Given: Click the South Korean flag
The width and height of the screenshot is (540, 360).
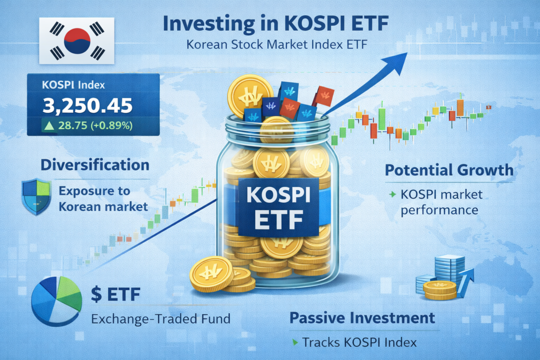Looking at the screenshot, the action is pyautogui.click(x=76, y=41).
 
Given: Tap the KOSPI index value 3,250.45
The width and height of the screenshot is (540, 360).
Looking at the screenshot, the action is pyautogui.click(x=88, y=105).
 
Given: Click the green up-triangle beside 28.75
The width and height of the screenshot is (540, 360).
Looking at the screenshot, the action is pyautogui.click(x=49, y=125).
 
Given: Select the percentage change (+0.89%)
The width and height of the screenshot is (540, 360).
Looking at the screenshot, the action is pyautogui.click(x=112, y=125).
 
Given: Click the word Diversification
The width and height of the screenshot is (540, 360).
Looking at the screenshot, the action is pyautogui.click(x=95, y=165).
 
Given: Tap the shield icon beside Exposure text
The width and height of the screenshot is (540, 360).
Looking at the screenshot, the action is pyautogui.click(x=36, y=197).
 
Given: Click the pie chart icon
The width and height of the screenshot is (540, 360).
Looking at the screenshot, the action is pyautogui.click(x=56, y=301).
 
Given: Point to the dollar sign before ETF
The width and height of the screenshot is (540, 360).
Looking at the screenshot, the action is pyautogui.click(x=97, y=294).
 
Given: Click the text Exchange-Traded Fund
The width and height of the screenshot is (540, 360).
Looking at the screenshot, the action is pyautogui.click(x=161, y=319).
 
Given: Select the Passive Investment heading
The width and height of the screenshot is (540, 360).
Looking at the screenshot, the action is pyautogui.click(x=362, y=318).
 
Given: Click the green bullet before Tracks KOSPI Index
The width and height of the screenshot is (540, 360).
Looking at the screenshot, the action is pyautogui.click(x=295, y=342).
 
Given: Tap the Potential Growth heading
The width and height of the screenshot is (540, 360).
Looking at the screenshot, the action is pyautogui.click(x=449, y=170).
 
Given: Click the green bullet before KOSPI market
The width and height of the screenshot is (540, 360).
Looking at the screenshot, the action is pyautogui.click(x=392, y=194).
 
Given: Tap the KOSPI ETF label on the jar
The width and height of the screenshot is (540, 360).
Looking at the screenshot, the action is pyautogui.click(x=278, y=208).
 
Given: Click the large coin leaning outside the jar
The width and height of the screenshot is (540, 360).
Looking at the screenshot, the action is pyautogui.click(x=211, y=274).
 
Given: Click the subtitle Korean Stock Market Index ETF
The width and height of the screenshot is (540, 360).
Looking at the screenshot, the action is pyautogui.click(x=277, y=45).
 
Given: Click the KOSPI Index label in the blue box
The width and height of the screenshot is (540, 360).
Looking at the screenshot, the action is pyautogui.click(x=73, y=85).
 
